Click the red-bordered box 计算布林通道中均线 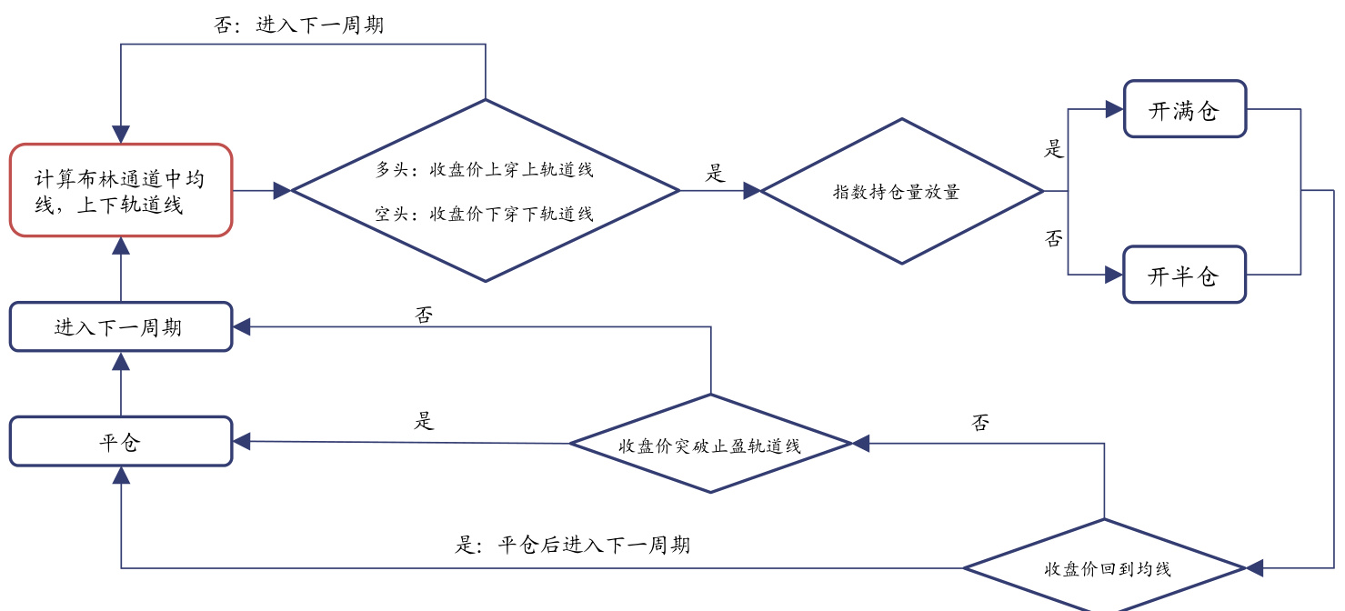click(121, 190)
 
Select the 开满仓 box click(1184, 110)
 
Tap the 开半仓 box click(1184, 275)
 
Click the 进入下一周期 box click(121, 326)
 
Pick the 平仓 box click(121, 442)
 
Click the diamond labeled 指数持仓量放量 click(901, 191)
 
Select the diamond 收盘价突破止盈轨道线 click(710, 444)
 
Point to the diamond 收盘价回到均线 click(1105, 568)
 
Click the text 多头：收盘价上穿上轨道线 click(485, 169)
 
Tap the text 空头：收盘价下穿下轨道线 click(485, 215)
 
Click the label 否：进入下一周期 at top click(299, 25)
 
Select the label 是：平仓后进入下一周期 click(572, 545)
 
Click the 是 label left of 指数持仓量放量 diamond click(717, 174)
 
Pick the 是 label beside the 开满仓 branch click(1054, 148)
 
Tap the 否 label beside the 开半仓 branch click(1054, 238)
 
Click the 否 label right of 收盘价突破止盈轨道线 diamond click(980, 423)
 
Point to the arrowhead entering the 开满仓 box click(1114, 109)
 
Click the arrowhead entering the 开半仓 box click(1114, 275)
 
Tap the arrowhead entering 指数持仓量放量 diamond click(752, 191)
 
